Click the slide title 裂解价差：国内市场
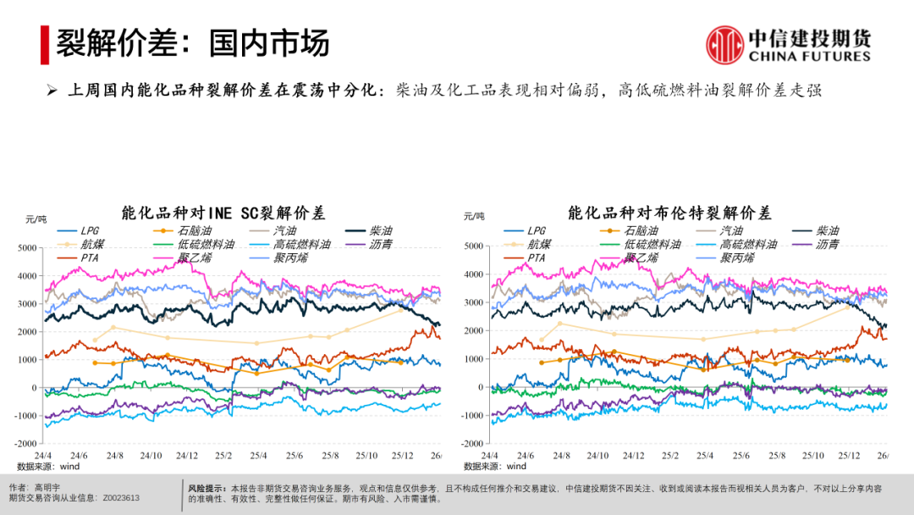193,43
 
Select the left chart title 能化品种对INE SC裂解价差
223,213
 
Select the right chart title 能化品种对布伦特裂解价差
670,212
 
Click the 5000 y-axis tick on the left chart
27,247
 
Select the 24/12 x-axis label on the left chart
187,456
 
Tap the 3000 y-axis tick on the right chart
473,302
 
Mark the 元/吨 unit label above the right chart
475,218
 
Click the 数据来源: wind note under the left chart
47,466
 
